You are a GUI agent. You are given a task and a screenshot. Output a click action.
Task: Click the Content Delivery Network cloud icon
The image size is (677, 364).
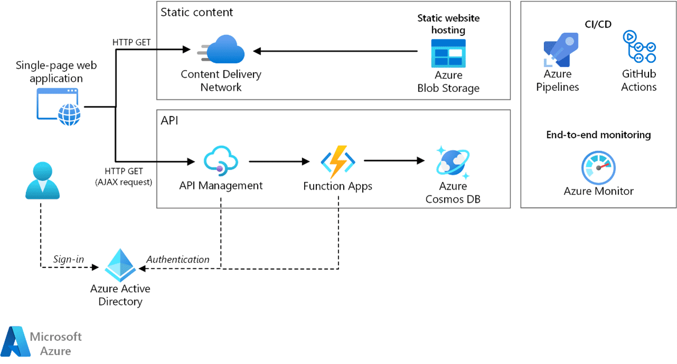point(222,51)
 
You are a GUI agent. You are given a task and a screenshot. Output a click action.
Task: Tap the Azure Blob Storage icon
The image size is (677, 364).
point(448,53)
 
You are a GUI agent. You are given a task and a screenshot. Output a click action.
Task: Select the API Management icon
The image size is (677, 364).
point(221,161)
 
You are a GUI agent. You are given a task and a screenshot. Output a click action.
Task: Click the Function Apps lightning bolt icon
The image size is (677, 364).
point(337,161)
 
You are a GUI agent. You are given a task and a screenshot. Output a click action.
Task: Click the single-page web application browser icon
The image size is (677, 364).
point(58,106)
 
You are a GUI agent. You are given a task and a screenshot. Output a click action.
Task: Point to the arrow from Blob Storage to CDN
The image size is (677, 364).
point(336,51)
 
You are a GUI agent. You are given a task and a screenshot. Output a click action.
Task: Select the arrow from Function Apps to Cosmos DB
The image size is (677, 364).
point(394,161)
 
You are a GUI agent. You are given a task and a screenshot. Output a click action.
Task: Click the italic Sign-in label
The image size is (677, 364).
point(68,259)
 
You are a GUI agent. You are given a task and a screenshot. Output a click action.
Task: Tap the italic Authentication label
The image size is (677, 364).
point(178,259)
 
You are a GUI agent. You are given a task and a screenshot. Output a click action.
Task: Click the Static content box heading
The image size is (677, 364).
point(196,12)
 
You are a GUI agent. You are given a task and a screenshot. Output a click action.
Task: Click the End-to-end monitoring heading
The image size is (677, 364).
point(598,135)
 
